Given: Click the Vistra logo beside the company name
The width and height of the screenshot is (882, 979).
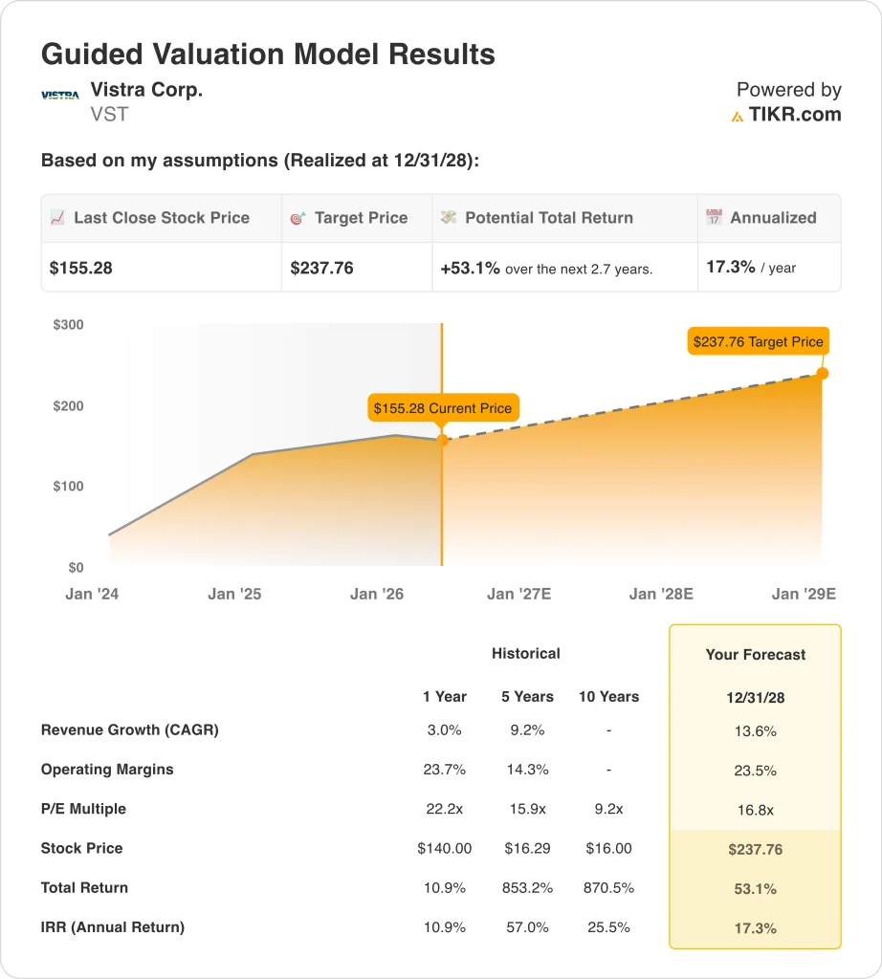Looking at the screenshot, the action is point(60,96).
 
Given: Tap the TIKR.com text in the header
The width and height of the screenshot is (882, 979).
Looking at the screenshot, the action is point(795,115).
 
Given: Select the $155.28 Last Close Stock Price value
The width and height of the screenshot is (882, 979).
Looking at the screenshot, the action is point(80,268).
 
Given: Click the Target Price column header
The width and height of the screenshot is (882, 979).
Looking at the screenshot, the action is point(361,217).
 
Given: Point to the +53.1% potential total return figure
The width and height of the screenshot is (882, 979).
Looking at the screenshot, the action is point(470,269).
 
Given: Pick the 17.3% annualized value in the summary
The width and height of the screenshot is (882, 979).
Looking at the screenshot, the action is point(730,268).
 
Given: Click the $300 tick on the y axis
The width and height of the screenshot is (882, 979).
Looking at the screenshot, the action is point(68,325).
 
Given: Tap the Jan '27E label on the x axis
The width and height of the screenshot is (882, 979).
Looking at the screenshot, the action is point(519,594).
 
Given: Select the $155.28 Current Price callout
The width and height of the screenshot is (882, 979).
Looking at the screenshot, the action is point(443,408).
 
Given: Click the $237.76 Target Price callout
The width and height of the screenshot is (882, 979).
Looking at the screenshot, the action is point(759,341).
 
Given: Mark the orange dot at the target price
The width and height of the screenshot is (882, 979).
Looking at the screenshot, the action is point(823,374).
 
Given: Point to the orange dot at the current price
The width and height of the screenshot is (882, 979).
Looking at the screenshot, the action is point(442,440).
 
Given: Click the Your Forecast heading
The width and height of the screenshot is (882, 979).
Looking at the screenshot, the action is point(755,654).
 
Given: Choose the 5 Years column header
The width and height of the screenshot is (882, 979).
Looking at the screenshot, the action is point(527,697).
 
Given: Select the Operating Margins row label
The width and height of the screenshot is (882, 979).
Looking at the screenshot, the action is point(107,770).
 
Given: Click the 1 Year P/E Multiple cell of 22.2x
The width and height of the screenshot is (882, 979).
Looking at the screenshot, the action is point(444,809).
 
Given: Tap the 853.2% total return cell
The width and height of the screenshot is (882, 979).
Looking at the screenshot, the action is point(527,888).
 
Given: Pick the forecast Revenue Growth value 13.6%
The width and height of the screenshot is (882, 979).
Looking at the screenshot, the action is point(755,731).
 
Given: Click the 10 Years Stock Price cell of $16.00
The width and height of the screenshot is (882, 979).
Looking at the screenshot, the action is point(608,849).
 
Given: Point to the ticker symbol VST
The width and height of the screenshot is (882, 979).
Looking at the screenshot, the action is point(109,115).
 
